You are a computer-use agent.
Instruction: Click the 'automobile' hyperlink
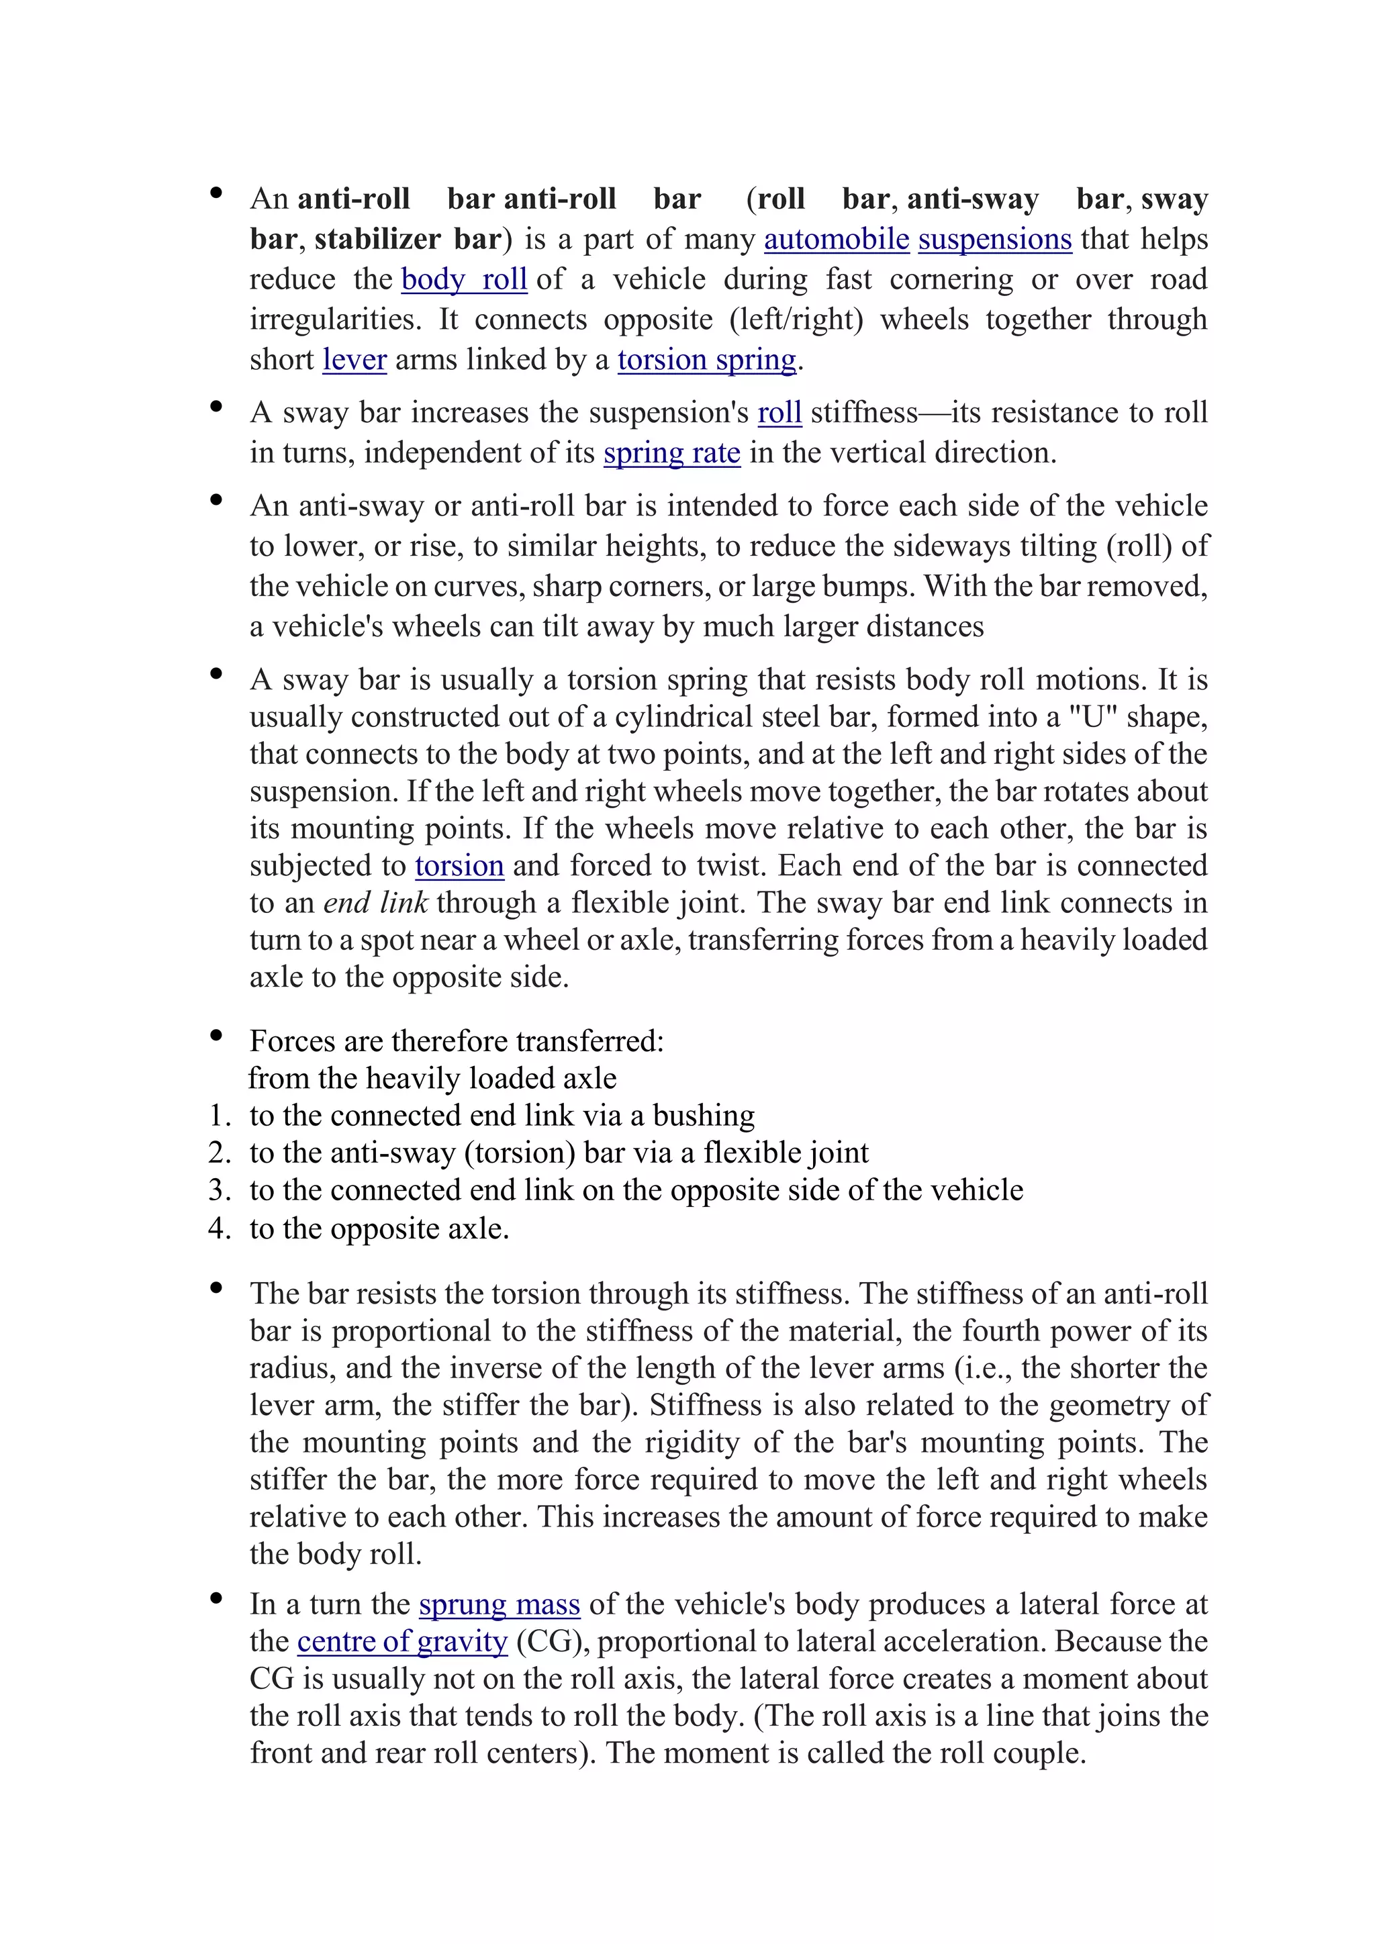[x=836, y=240]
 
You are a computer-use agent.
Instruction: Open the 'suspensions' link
[x=994, y=240]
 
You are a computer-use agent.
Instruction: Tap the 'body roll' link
[x=464, y=279]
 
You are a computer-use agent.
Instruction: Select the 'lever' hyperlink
[x=354, y=360]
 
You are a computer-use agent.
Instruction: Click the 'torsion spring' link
[x=707, y=360]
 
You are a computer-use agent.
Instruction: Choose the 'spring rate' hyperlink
[x=671, y=453]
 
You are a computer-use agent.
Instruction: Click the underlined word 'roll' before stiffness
[x=779, y=414]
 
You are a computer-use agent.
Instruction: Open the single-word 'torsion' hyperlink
[x=459, y=866]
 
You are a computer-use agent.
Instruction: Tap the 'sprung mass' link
[x=499, y=1604]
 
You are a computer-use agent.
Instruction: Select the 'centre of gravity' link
[x=402, y=1642]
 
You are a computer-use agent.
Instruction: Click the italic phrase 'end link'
[x=375, y=904]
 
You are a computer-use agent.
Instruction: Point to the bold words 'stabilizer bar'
[x=408, y=240]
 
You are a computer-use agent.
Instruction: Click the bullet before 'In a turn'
[x=216, y=1598]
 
